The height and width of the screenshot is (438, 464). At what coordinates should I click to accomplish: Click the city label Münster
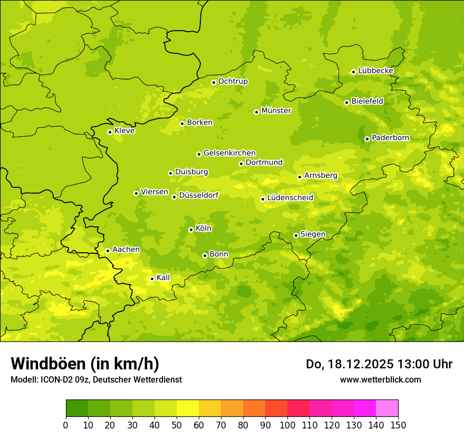(x=276, y=111)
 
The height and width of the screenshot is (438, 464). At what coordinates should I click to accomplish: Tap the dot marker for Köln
(x=191, y=230)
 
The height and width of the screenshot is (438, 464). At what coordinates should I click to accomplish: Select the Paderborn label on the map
(x=390, y=138)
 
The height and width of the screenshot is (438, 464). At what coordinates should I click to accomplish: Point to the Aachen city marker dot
(x=108, y=251)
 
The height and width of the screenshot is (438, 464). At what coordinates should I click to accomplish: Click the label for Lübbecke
(x=375, y=71)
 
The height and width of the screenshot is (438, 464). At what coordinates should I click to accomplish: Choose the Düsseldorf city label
(x=199, y=196)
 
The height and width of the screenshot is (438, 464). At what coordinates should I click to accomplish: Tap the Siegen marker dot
(x=296, y=235)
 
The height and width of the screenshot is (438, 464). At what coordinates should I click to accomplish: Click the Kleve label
(x=124, y=131)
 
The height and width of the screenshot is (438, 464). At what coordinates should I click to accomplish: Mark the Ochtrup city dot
(x=214, y=82)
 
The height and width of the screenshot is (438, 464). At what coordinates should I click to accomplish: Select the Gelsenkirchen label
(x=229, y=153)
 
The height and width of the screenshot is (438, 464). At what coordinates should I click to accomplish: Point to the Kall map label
(x=163, y=278)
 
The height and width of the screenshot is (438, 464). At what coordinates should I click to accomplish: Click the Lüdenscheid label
(x=290, y=198)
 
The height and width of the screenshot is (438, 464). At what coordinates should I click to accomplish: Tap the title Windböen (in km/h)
(x=85, y=364)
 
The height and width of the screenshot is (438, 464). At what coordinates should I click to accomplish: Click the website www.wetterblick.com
(x=380, y=379)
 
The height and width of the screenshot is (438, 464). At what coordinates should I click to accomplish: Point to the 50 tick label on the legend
(x=177, y=425)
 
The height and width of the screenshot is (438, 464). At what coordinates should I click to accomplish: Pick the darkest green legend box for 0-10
(x=77, y=408)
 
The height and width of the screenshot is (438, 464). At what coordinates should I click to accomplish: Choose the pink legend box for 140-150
(x=387, y=408)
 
